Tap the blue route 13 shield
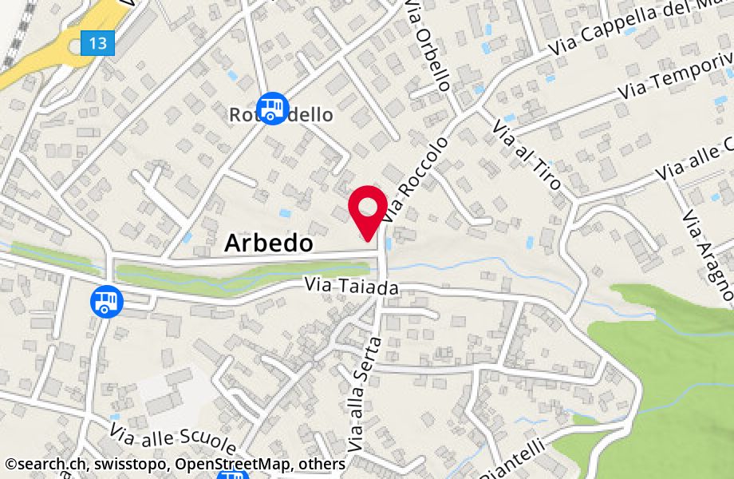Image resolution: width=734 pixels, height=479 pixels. click(98, 43)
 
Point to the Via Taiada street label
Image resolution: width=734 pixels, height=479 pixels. click(351, 287)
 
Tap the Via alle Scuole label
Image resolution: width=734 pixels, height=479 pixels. click(173, 439)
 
